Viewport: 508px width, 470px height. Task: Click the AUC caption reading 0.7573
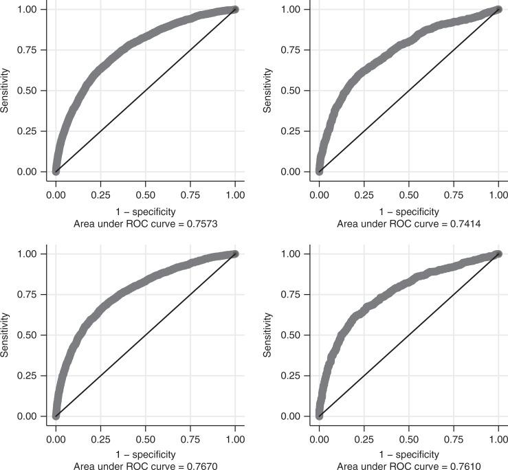(145, 223)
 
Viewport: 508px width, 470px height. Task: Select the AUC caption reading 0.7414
(408, 223)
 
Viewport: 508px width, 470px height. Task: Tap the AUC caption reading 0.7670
(145, 465)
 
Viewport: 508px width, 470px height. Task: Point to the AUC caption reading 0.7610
(408, 465)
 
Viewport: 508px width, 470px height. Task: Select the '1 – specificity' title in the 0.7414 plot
(408, 211)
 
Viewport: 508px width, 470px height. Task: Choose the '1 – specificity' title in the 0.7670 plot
(145, 454)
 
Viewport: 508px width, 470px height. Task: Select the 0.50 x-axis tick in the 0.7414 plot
(408, 186)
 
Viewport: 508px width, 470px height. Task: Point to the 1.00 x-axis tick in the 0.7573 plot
(235, 186)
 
